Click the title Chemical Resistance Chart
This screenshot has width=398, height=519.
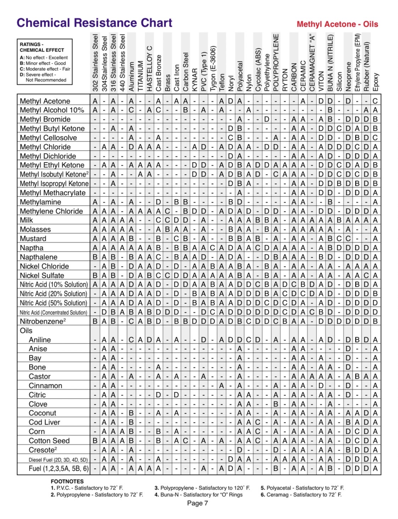pos(94,23)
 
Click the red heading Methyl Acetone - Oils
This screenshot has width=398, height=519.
pos(337,24)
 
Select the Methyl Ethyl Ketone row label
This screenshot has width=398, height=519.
pos(52,165)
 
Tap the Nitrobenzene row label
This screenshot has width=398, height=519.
pos(42,321)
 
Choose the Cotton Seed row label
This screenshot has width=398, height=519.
pos(49,441)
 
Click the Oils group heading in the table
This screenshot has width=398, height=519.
pos(26,331)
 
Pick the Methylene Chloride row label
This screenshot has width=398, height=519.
pos(51,211)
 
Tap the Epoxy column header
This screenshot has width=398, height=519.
pos(376,82)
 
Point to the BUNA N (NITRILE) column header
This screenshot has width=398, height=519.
pos(330,63)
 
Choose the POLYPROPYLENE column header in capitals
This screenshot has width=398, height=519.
pos(276,63)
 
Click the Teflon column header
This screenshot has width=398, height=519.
pos(222,82)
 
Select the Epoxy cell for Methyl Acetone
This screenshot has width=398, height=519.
pos(375,101)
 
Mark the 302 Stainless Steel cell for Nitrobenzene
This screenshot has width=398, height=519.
pos(95,321)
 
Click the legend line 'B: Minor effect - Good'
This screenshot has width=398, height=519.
pos(43,63)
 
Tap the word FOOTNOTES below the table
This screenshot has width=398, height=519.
pos(67,481)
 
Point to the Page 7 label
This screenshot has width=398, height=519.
pos(198,503)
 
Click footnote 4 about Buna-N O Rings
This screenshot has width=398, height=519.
pos(199,494)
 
